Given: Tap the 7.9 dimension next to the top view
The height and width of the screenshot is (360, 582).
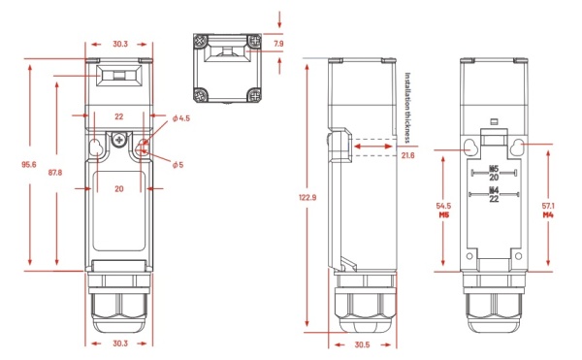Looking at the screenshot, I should click(278, 44).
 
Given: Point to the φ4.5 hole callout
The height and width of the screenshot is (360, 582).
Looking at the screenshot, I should click(180, 118).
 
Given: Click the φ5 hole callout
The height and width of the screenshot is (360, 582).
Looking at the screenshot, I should click(177, 164).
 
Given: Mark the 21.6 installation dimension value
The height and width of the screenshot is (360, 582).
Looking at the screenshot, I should click(407, 155).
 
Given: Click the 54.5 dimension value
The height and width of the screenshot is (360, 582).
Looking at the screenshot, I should click(442, 207).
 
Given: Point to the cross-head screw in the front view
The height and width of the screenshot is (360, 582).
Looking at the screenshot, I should click(119, 141).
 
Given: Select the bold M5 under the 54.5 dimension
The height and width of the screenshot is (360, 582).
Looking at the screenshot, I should click(442, 216).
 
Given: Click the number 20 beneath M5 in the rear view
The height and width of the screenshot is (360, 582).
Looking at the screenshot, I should click(493, 177).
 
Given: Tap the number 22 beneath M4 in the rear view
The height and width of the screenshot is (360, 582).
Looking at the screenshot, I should click(493, 200).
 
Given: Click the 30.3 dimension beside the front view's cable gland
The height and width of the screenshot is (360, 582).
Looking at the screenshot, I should click(118, 344).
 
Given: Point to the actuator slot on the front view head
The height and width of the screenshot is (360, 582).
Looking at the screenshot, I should click(118, 75).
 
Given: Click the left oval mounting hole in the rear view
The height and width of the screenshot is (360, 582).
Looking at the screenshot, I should click(470, 147).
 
